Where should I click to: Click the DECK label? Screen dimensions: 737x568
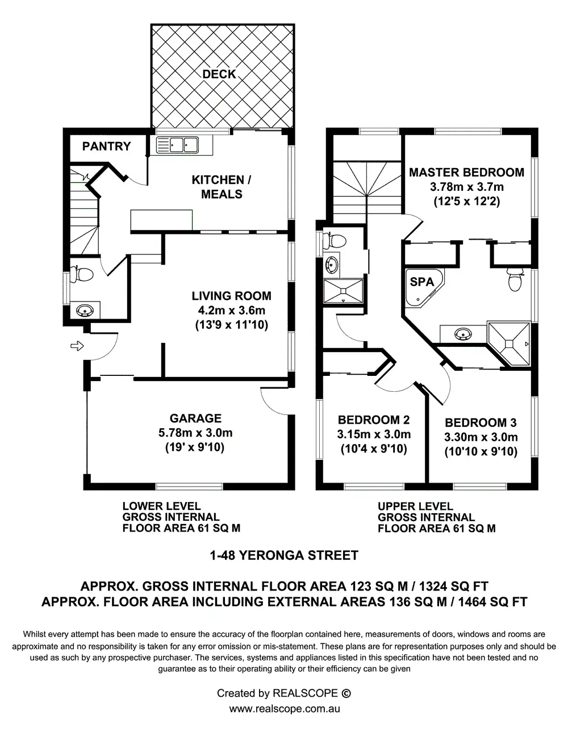[x=219, y=74]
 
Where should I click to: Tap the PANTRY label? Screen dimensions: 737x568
[x=106, y=146]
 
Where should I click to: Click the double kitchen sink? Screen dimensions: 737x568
[x=178, y=145]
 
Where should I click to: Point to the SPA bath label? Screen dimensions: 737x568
[x=421, y=282]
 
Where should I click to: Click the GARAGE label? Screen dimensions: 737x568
[x=195, y=418]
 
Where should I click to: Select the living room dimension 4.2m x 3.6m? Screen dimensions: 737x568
[x=231, y=311]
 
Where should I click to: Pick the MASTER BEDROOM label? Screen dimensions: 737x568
[x=466, y=173]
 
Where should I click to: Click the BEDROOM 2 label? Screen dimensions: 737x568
[x=373, y=420]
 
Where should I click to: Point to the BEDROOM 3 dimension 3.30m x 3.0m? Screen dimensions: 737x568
[x=481, y=437]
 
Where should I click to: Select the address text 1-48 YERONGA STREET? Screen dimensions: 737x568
[x=284, y=555]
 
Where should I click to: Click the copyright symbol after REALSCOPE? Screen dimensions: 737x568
[x=345, y=693]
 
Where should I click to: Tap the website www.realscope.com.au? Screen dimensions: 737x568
[x=284, y=709]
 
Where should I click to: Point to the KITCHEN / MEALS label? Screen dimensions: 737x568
[x=222, y=187]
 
